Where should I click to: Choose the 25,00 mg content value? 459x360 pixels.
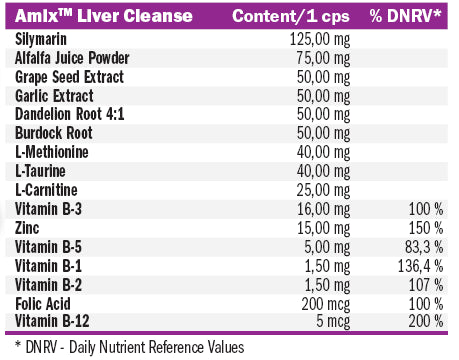tap(321, 189)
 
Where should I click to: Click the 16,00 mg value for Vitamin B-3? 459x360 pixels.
tap(321, 208)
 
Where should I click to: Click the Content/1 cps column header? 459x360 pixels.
tap(291, 18)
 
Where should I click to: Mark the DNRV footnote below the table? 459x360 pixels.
tap(130, 347)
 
